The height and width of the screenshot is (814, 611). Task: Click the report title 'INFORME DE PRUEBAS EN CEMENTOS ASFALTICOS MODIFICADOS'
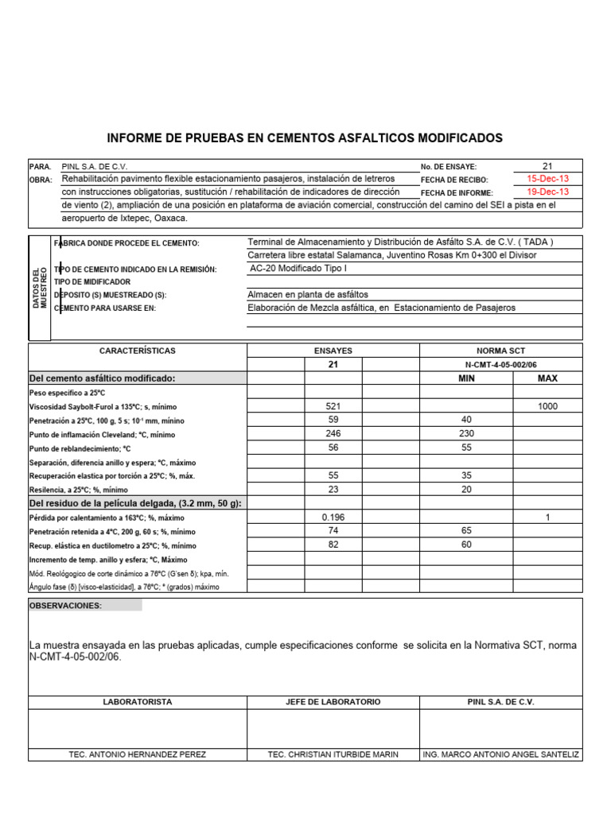[305, 138]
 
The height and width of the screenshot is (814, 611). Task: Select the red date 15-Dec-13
[547, 179]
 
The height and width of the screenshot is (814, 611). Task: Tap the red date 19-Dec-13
[547, 192]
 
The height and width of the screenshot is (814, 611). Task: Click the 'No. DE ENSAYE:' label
[448, 167]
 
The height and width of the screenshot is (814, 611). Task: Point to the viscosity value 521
[333, 406]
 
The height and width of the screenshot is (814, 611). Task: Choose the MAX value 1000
[547, 406]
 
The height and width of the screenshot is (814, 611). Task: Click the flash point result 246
[333, 434]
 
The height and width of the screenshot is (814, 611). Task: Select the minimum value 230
[467, 434]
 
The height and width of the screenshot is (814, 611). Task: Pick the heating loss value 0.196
[333, 517]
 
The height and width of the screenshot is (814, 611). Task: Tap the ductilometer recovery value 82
[333, 545]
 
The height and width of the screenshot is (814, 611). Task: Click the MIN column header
[467, 378]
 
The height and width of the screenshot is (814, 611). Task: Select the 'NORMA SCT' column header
[501, 351]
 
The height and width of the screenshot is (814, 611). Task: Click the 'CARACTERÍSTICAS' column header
[138, 351]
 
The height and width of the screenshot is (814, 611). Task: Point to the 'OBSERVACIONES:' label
[65, 606]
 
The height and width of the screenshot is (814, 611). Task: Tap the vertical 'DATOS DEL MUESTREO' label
[39, 288]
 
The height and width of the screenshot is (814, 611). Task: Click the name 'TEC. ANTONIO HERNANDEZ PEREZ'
[138, 754]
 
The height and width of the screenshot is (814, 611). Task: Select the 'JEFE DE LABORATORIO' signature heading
[333, 702]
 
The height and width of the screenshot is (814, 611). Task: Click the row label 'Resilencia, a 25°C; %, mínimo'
[78, 490]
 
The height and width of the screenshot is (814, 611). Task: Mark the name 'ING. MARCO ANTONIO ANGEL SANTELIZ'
[501, 754]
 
